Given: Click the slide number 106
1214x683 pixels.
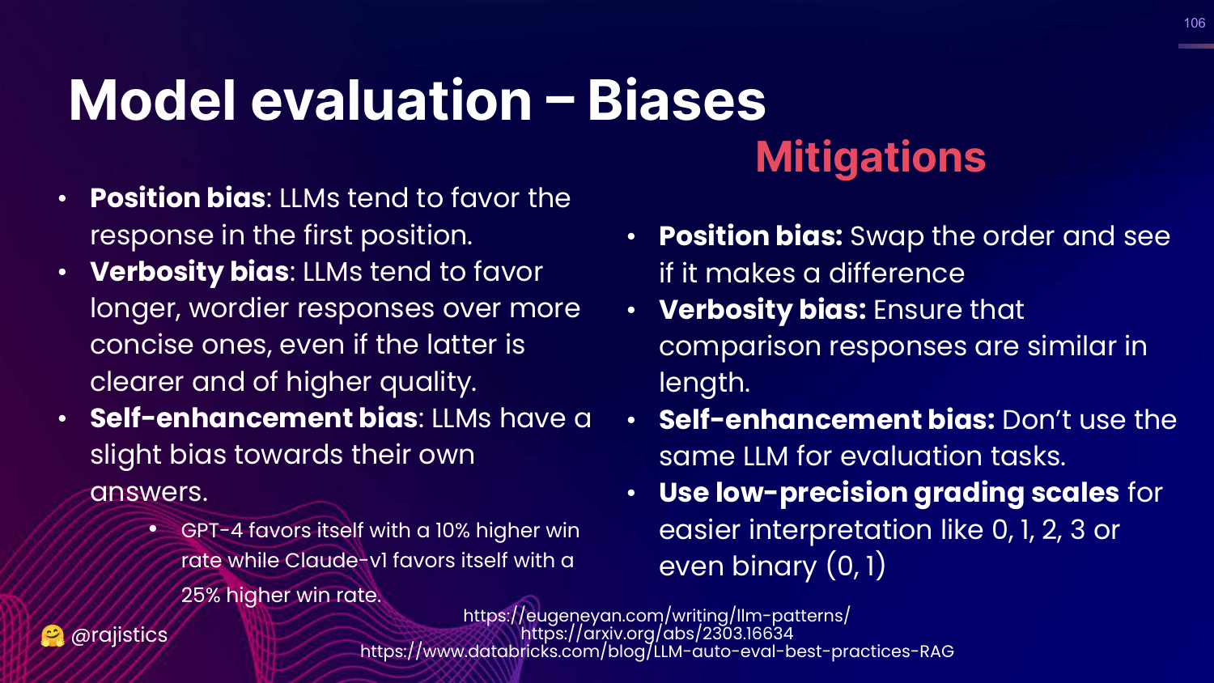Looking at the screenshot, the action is (1195, 23).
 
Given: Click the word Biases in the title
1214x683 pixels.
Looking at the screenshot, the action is (677, 101).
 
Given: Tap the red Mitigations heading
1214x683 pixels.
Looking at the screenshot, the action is (870, 157).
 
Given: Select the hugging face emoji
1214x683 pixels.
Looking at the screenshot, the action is (53, 636).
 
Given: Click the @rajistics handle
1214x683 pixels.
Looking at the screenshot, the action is (119, 634).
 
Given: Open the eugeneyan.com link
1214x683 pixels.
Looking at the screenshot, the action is (656, 616).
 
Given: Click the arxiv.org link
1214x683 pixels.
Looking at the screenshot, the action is (656, 633).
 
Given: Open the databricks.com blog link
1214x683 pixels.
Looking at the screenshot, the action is (657, 651).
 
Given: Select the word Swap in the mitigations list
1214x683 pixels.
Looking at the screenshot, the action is (887, 237).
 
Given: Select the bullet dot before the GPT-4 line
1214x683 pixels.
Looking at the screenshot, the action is (154, 528).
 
